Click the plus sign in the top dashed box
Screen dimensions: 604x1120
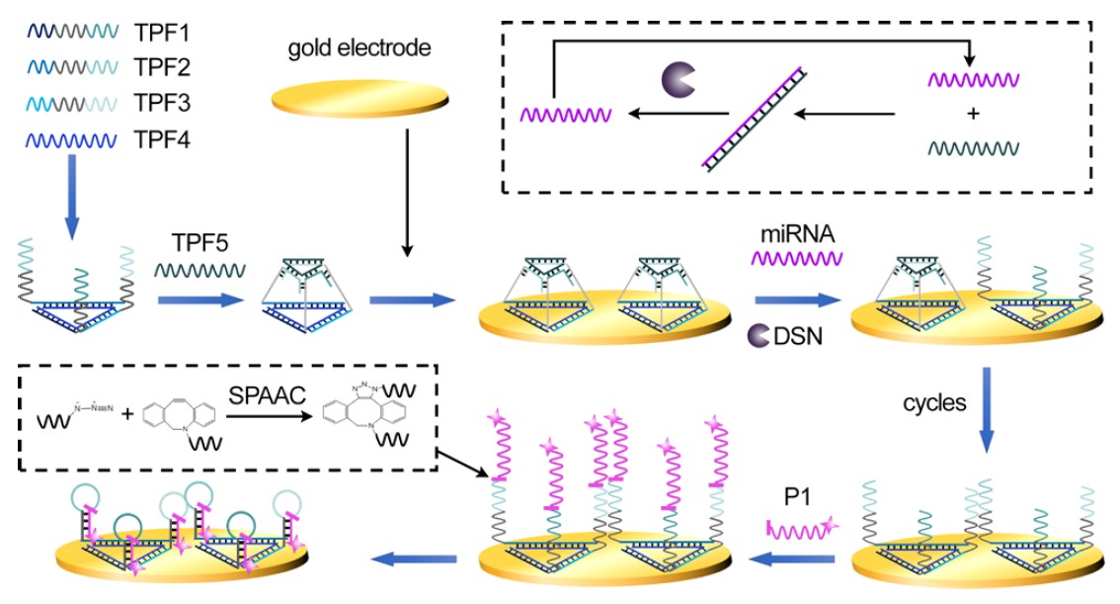pos(973,115)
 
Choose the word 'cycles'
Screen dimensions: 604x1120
pos(934,404)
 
